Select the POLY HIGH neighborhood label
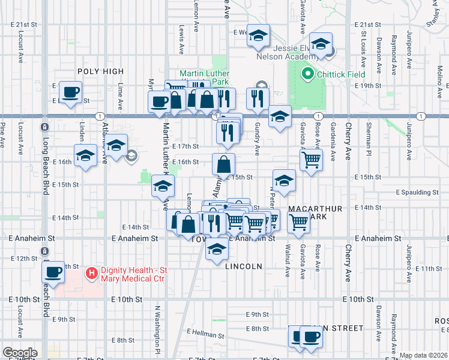[96, 71]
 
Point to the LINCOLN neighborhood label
[244, 265]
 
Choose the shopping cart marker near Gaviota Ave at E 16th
[311, 160]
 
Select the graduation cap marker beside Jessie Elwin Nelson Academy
[322, 44]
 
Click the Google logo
[20, 353]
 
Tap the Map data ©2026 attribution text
[423, 355]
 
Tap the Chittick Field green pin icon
[308, 75]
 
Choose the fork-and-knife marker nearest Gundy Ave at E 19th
[258, 98]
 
